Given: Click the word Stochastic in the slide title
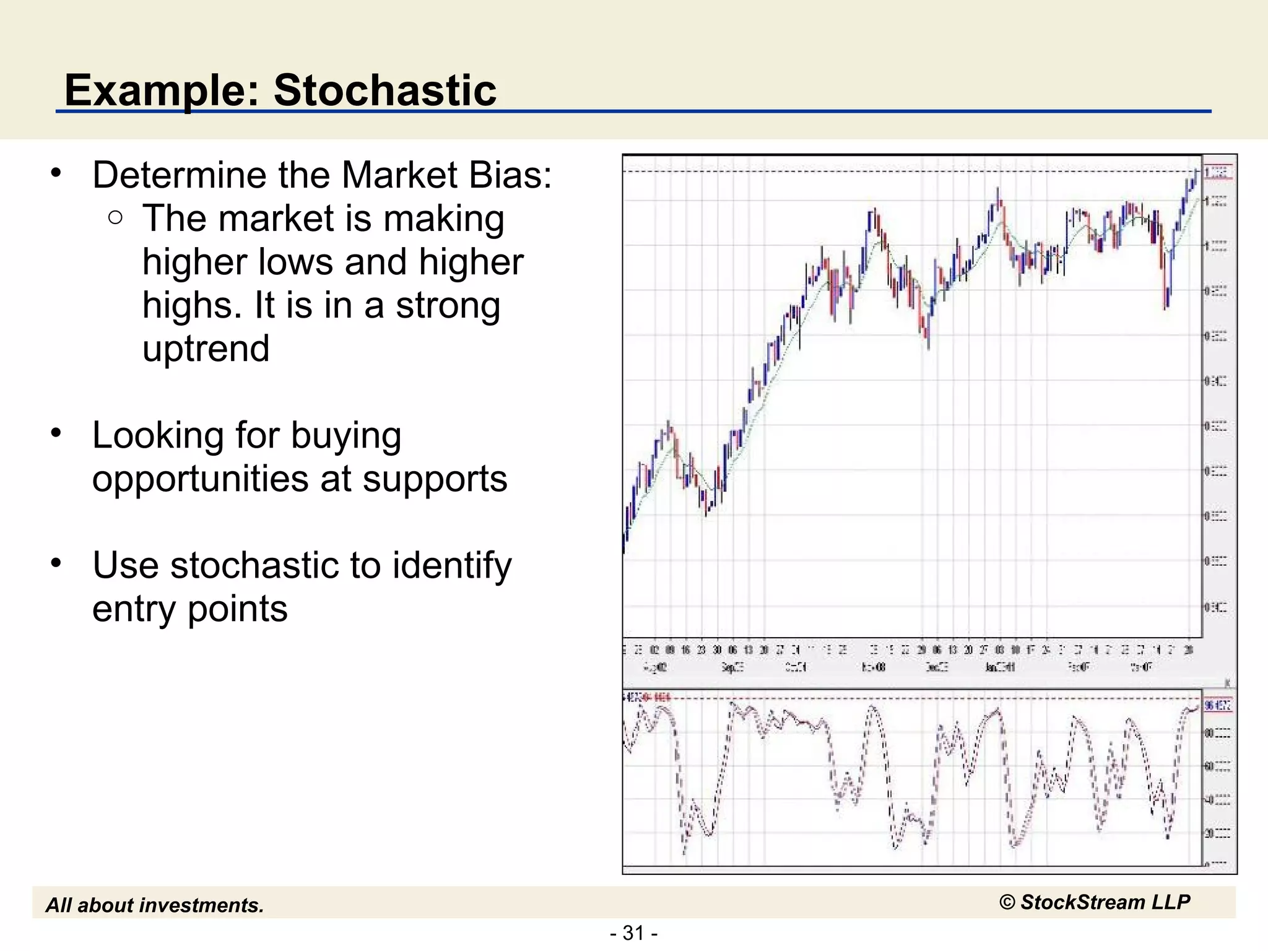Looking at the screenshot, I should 384,90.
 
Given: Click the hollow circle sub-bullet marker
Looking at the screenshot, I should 115,217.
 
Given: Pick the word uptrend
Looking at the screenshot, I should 206,349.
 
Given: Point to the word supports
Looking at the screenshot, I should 435,479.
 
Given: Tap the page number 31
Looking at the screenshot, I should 633,932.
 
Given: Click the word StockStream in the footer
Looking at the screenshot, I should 1083,902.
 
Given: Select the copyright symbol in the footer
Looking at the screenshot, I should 1007,903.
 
